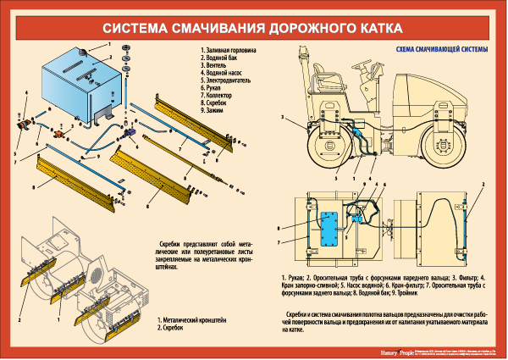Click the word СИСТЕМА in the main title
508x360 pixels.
pyautogui.click(x=141, y=28)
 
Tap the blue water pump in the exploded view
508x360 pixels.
pyautogui.click(x=130, y=133)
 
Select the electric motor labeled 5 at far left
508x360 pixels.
pyautogui.click(x=22, y=125)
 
